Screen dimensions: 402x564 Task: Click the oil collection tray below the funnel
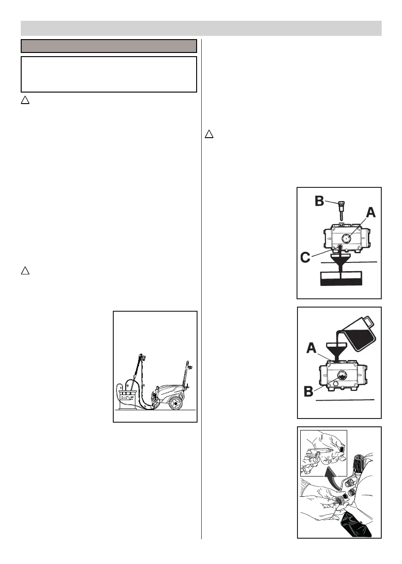(341, 278)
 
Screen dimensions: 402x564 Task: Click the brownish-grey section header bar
(109, 46)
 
